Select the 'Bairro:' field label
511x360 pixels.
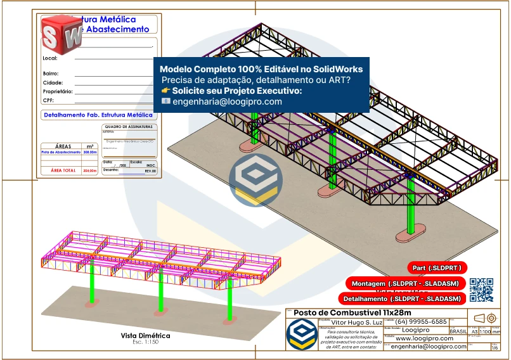pos(51,74)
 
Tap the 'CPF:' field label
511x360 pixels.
pos(48,100)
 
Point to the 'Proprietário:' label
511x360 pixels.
pos(57,91)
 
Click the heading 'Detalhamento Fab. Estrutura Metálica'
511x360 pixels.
pos(98,115)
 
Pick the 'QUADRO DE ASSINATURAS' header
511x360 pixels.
pos(129,127)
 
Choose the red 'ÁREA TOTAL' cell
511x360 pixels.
pos(63,170)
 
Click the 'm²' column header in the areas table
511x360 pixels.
pos(90,146)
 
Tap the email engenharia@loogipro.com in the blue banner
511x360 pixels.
pos(227,101)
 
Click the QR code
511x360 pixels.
pos(481,290)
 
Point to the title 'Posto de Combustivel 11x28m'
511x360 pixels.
pos(353,313)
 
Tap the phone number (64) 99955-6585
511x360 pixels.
pos(422,322)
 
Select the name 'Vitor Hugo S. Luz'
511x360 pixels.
pos(349,323)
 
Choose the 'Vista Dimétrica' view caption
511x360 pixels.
pos(145,335)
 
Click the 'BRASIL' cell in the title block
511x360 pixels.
pos(458,331)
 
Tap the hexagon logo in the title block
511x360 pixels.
pos(301,334)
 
